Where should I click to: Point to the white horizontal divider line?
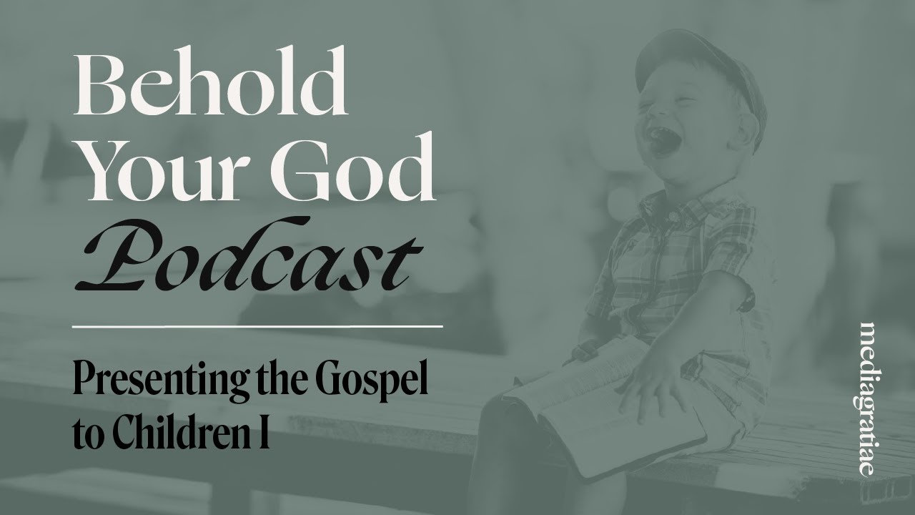(x=257, y=325)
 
